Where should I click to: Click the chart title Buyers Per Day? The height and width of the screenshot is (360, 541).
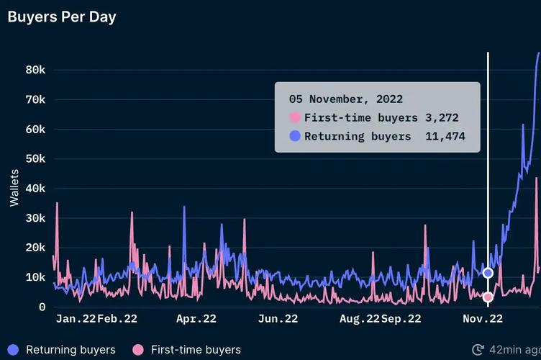62,17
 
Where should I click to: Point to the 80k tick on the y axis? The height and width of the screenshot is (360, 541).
36,70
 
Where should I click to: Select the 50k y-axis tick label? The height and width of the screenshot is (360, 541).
36,159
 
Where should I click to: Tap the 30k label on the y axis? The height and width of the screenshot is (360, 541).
36,218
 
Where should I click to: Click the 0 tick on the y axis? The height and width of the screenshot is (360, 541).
42,307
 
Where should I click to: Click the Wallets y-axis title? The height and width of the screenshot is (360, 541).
14,187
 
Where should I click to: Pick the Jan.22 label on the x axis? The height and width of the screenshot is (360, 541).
75,319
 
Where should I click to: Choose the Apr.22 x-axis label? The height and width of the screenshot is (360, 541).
196,319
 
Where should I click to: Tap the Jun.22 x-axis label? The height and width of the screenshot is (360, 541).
278,319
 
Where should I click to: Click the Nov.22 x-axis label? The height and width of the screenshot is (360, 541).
483,319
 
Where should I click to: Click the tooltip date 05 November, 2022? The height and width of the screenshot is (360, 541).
345,99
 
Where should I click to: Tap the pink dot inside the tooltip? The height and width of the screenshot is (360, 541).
294,118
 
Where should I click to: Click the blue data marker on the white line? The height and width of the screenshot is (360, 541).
488,273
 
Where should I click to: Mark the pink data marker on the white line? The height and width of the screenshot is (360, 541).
488,297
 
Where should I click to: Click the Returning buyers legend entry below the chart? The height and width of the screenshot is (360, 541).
62,350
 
